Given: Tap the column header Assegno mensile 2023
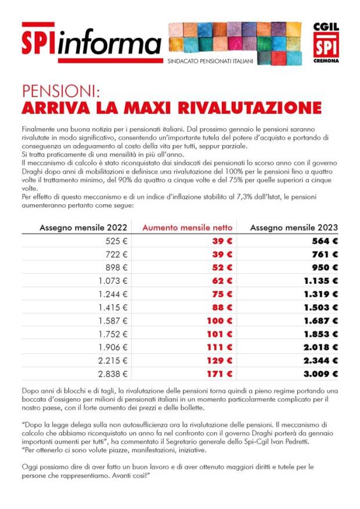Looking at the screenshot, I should coord(294,228).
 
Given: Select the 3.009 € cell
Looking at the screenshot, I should coord(318,373).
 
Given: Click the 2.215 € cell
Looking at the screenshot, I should coord(113,360).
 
